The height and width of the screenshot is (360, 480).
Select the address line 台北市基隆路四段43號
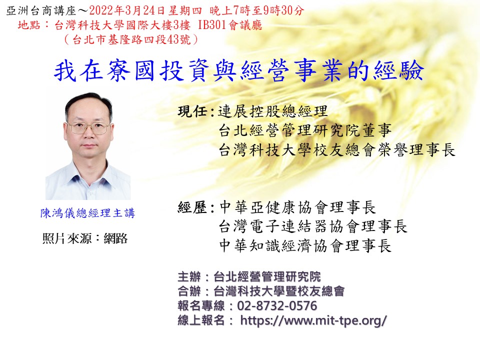click(131, 39)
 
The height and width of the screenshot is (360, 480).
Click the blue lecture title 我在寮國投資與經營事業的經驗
click(239, 70)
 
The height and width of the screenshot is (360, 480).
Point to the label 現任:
click(196, 111)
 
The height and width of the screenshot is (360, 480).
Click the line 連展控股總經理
click(273, 111)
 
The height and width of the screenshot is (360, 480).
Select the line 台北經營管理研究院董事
click(305, 130)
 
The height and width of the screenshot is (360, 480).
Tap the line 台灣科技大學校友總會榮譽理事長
click(336, 150)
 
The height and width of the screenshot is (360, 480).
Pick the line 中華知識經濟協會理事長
click(305, 246)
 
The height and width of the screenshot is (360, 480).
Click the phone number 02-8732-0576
click(277, 306)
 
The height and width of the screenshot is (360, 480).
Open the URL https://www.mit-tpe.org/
click(313, 320)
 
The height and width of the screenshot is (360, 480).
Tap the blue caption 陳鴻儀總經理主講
click(88, 213)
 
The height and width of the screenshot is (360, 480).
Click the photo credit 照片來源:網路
click(85, 238)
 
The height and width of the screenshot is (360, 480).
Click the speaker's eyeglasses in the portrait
click(89, 127)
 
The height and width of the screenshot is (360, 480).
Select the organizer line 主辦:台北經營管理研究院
click(249, 276)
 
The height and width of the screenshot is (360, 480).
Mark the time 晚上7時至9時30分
click(256, 10)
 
